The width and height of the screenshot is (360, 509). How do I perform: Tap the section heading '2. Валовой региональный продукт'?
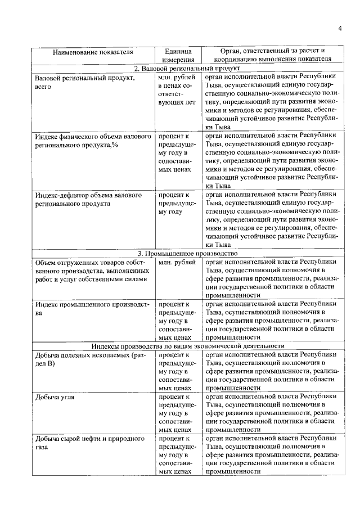[187, 68]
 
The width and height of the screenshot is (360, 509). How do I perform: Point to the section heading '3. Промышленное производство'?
[187, 254]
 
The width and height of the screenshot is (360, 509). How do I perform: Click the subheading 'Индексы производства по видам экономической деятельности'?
[187, 346]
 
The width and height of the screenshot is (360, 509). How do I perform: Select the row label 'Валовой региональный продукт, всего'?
[84, 82]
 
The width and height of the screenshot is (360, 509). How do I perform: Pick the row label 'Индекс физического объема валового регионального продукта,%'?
[92, 141]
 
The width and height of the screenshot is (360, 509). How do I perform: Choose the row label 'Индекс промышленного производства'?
[92, 309]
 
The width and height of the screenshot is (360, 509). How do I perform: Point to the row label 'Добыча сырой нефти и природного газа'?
[90, 443]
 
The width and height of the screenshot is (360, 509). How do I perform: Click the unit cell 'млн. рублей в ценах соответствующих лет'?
[178, 90]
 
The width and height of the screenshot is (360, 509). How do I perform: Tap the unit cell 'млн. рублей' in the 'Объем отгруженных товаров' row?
[178, 262]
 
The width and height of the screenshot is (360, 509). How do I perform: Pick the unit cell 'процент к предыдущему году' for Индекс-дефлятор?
[178, 204]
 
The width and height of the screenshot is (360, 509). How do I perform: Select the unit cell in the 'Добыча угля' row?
[178, 413]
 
